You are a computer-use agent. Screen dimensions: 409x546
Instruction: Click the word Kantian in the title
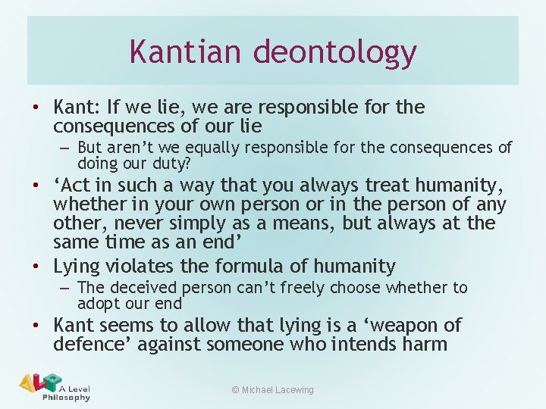[x=186, y=52]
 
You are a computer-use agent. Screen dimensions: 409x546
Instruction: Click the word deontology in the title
[x=334, y=53]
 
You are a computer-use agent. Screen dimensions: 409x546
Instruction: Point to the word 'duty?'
[x=172, y=163]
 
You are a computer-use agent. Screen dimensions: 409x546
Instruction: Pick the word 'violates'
[x=143, y=267]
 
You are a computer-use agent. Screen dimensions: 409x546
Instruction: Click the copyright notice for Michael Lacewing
[x=273, y=390]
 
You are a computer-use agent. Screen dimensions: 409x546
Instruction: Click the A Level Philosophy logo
[x=55, y=386]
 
